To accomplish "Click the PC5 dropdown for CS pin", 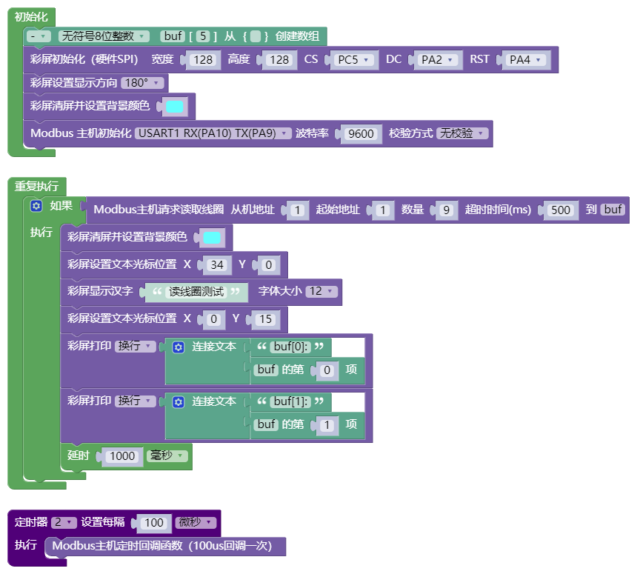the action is tap(353, 60).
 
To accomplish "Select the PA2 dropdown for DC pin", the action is tap(438, 60).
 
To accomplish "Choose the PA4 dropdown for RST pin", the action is tap(526, 60).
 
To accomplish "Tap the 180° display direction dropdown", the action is tap(142, 83).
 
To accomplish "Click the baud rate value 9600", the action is tap(361, 133).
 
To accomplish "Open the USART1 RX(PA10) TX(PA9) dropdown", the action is tap(213, 133).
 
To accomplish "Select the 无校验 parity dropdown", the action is tap(462, 133).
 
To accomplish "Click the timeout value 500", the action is tap(561, 210).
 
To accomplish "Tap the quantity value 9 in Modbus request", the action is tap(446, 210).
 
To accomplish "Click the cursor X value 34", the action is tap(217, 265).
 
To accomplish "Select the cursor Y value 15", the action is tap(265, 319).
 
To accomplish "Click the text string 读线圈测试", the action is tap(196, 292).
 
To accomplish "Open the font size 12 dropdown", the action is tap(321, 291).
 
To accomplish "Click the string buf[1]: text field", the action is tap(290, 401).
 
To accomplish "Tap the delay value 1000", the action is tap(122, 456).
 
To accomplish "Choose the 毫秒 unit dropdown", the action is tap(167, 455).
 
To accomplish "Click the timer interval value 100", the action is tap(154, 523).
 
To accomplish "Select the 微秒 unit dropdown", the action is tap(196, 522).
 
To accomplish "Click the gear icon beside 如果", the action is tap(36, 206).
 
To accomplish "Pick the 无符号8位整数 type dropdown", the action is tap(104, 36).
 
